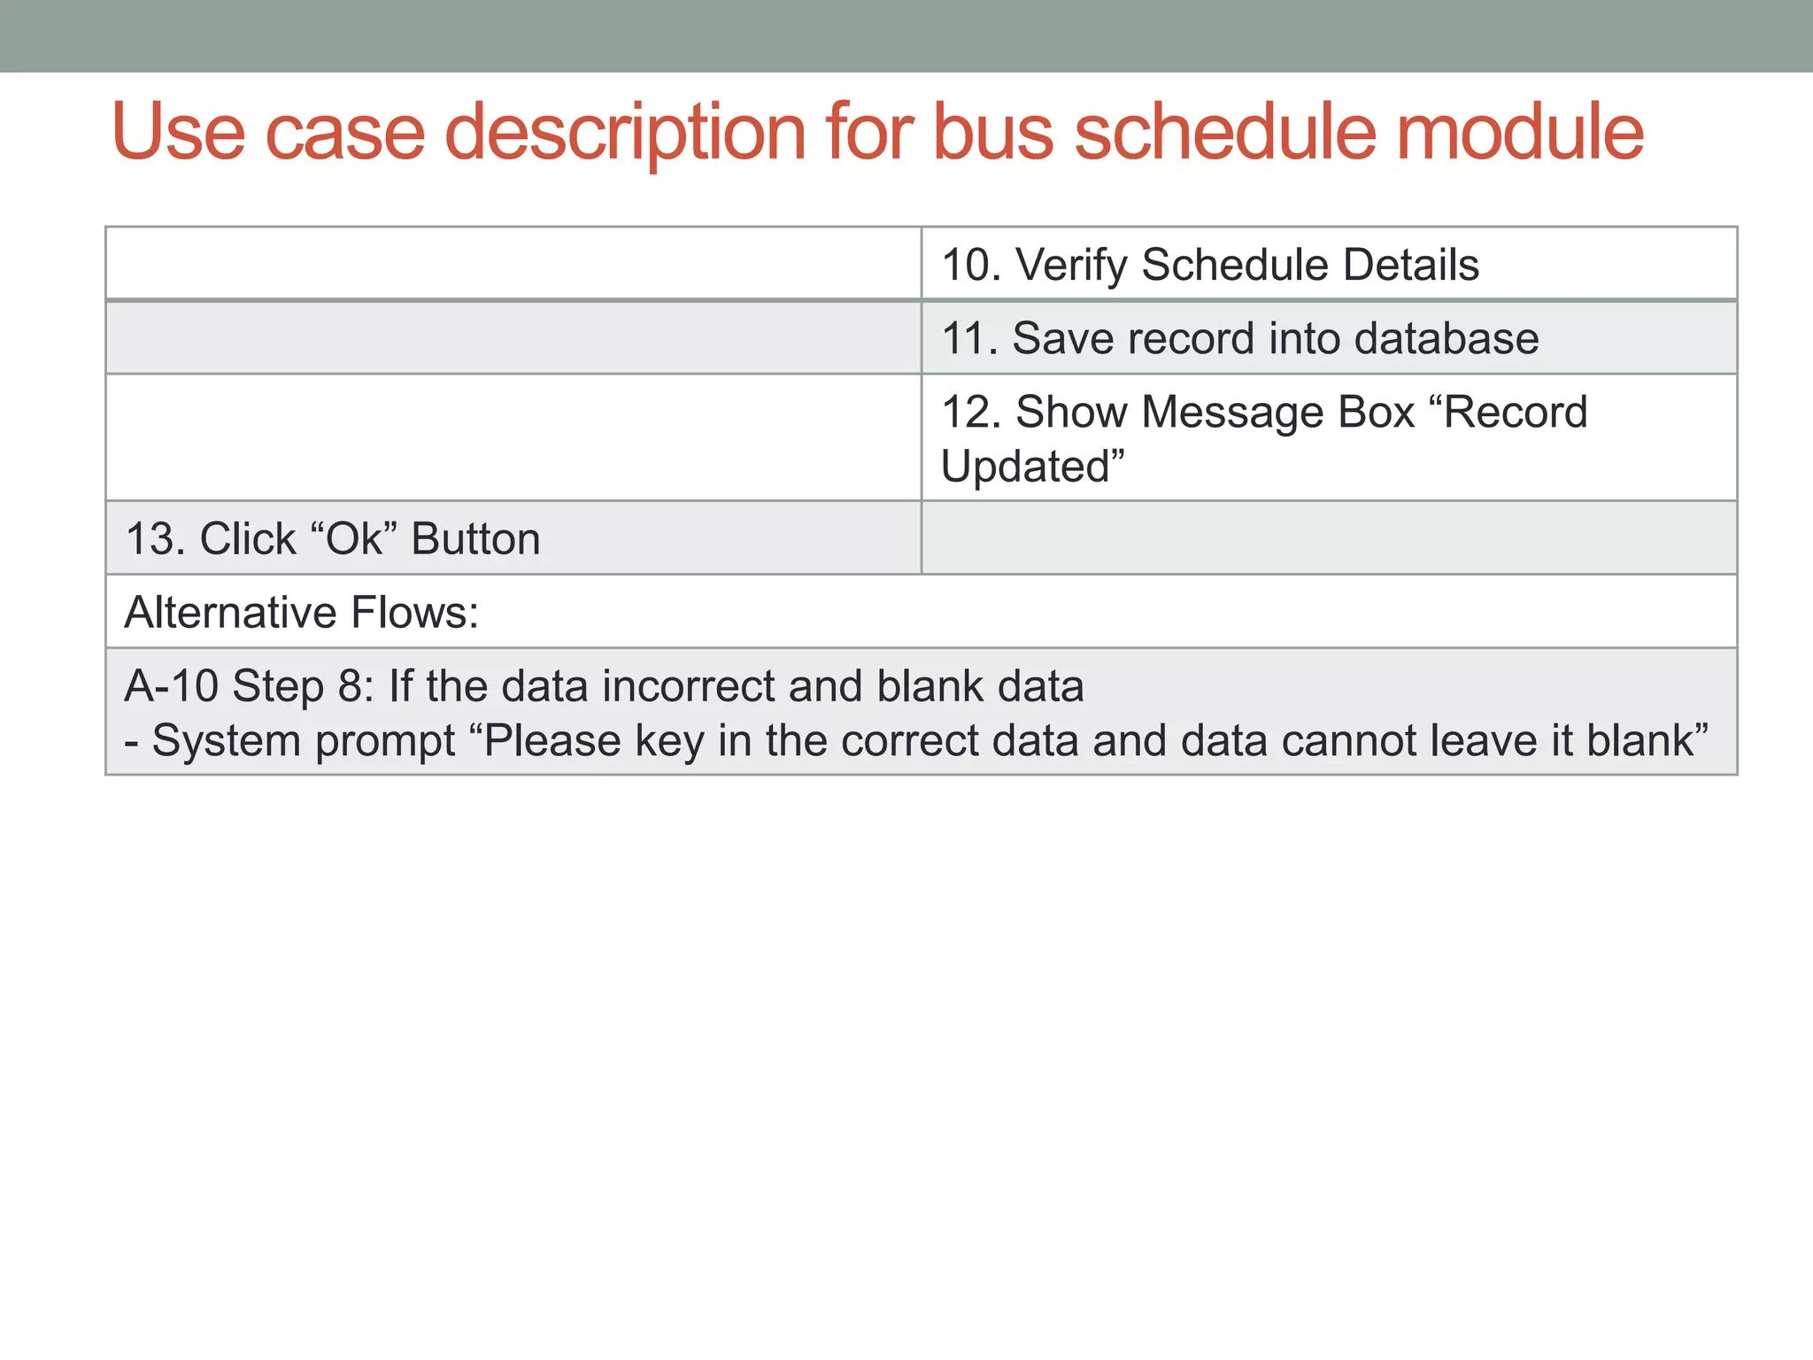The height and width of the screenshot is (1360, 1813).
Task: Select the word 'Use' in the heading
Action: tap(178, 133)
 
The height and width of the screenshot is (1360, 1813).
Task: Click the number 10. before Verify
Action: tap(971, 265)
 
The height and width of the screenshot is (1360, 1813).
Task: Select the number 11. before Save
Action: tap(969, 338)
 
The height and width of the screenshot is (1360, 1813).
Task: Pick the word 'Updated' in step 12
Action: tap(1031, 467)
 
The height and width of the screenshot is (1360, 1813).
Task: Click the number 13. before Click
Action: tap(155, 539)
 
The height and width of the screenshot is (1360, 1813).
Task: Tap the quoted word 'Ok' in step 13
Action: tap(355, 539)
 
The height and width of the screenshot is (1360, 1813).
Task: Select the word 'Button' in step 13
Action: tap(476, 539)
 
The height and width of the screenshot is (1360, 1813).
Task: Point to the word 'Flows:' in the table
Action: tap(415, 613)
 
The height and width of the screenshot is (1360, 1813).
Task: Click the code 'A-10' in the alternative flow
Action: tap(171, 686)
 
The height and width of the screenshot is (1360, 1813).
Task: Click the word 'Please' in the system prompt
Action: tap(551, 741)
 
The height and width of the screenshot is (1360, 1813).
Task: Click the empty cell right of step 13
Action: tap(1329, 538)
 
